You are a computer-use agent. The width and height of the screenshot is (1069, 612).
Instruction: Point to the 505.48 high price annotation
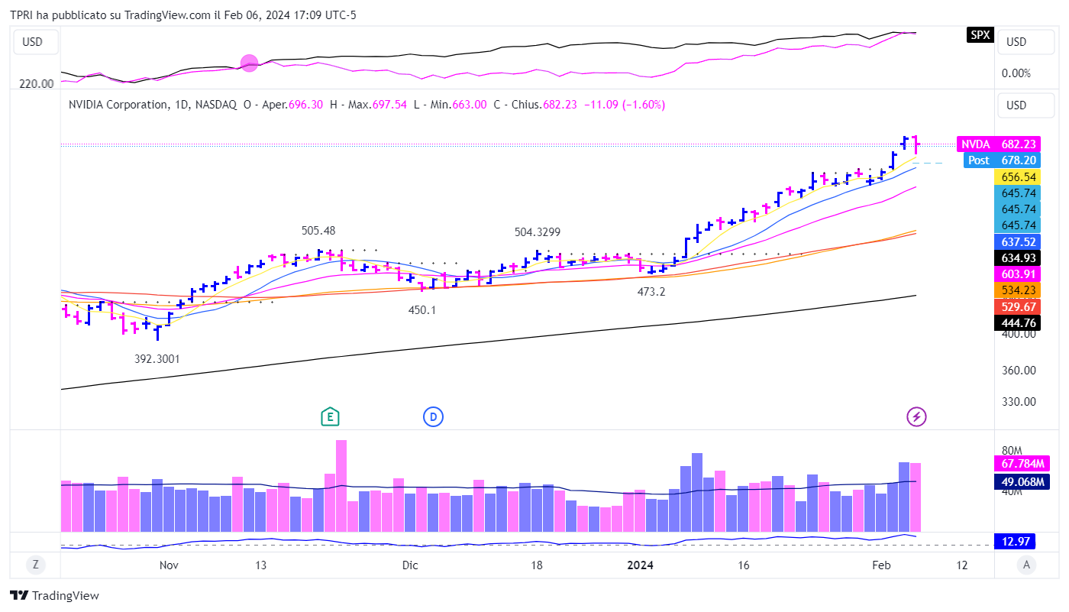click(x=318, y=230)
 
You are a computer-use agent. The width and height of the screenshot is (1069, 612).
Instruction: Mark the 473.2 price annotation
click(x=651, y=291)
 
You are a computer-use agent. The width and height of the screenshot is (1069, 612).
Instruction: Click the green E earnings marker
click(x=330, y=416)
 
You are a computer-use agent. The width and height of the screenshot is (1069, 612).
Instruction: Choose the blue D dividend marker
click(x=433, y=416)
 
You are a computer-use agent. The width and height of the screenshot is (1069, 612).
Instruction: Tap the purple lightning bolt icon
click(x=916, y=416)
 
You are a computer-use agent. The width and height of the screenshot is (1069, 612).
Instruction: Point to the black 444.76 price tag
click(x=1019, y=322)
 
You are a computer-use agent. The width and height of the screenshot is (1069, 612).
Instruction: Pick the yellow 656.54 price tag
click(x=1019, y=176)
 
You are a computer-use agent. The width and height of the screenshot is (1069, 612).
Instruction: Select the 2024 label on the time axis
click(x=640, y=565)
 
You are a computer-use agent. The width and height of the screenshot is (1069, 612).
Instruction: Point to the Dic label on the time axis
click(x=410, y=565)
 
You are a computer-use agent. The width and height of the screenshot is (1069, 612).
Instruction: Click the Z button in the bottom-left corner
click(x=35, y=565)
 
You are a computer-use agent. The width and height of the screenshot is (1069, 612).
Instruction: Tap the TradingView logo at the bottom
click(x=54, y=596)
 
